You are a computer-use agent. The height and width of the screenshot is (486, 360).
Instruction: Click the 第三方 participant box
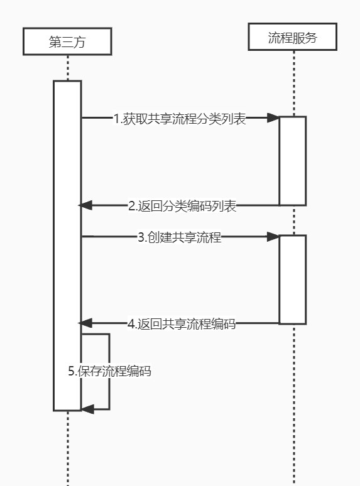click(67, 41)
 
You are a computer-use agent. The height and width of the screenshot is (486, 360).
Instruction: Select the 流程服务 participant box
click(292, 37)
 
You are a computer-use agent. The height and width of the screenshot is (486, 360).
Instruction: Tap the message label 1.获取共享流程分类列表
click(180, 118)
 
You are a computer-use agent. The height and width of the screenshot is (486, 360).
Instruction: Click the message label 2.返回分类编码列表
click(182, 205)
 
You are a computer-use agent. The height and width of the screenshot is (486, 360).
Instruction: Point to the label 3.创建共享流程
click(180, 237)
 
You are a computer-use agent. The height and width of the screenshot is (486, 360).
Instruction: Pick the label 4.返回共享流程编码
click(182, 324)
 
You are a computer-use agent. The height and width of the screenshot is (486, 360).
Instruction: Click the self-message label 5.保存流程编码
click(110, 371)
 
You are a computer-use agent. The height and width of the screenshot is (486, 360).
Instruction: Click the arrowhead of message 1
click(273, 117)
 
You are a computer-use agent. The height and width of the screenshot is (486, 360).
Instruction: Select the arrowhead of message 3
click(273, 237)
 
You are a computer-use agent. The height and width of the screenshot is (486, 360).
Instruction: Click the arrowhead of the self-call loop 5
click(87, 409)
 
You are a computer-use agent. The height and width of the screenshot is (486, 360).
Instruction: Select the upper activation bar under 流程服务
click(293, 160)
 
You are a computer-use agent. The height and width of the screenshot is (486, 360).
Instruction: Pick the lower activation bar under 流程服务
click(293, 279)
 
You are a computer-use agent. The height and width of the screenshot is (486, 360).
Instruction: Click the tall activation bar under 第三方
click(67, 245)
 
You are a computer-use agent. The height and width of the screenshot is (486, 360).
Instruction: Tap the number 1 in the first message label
click(116, 118)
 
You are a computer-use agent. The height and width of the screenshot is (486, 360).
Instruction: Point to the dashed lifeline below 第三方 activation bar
click(67, 449)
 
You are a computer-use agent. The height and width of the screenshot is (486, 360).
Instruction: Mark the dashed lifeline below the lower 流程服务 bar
click(293, 402)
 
